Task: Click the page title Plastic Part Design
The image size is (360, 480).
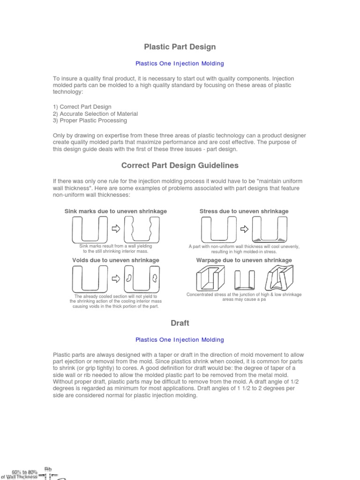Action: [180, 47]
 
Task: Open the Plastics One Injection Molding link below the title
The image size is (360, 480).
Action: [180, 63]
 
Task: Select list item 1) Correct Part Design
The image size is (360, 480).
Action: [82, 107]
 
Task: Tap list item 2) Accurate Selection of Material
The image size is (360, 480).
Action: [95, 114]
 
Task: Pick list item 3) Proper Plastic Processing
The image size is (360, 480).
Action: [90, 120]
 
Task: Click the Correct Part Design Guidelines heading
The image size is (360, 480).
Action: [180, 165]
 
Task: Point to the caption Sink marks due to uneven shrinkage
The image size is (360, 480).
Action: [115, 211]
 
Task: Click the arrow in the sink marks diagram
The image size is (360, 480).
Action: [116, 229]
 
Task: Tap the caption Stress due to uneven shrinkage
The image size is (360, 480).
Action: [244, 211]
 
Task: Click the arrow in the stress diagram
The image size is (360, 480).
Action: [244, 229]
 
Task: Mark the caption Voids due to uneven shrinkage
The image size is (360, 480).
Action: [115, 260]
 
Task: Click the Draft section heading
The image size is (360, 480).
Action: [180, 323]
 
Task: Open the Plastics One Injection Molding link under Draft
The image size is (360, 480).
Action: [180, 339]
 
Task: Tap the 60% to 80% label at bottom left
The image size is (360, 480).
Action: [24, 472]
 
